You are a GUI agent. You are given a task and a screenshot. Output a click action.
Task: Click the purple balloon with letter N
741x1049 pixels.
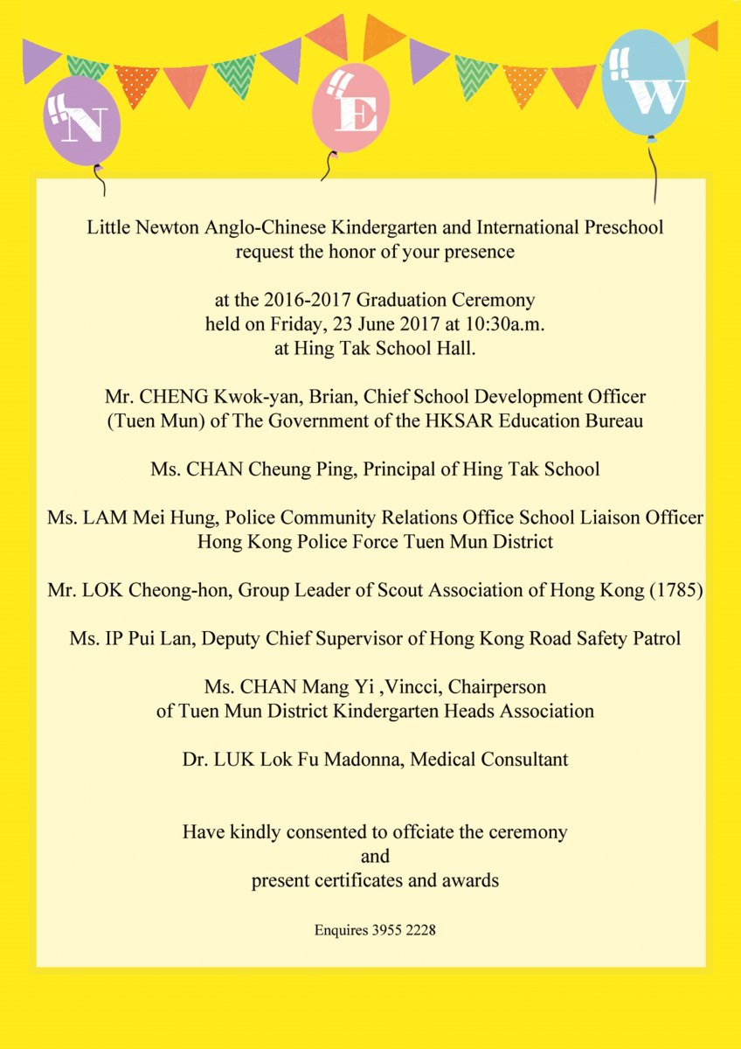(80, 122)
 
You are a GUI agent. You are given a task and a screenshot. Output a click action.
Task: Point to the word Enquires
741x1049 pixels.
(341, 931)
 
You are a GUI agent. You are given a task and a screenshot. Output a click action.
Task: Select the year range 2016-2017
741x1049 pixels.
(326, 301)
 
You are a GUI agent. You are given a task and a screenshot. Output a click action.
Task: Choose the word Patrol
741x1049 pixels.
(654, 638)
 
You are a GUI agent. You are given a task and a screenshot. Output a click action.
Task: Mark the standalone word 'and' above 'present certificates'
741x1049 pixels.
(375, 856)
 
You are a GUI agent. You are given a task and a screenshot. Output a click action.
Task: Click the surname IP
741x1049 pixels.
(112, 638)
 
